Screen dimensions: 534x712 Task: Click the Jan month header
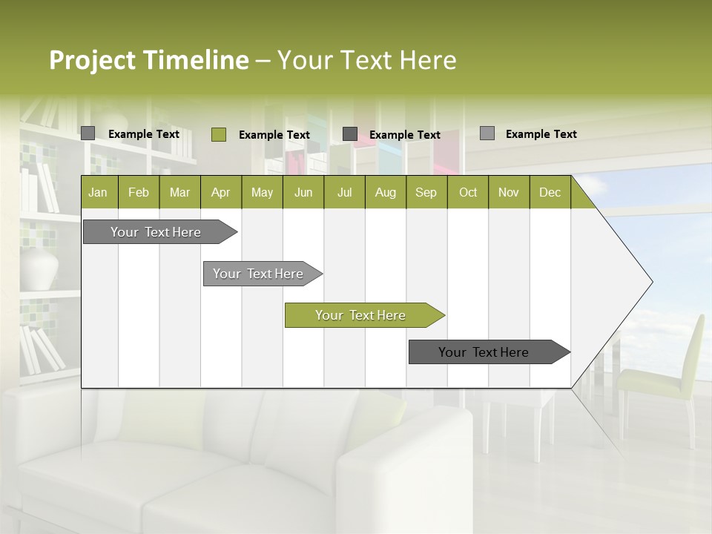[98, 192]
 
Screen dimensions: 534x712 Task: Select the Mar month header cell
[179, 192]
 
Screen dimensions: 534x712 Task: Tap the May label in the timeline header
[262, 192]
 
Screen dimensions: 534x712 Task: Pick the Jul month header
[344, 192]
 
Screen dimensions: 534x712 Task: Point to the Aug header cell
[385, 192]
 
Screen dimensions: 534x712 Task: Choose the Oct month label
[468, 192]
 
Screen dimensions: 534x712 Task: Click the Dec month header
[550, 192]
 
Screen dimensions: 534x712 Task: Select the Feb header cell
[139, 192]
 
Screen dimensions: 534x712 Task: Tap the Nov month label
[509, 192]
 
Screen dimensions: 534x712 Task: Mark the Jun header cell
[303, 192]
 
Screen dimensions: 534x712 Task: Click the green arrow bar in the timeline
[360, 315]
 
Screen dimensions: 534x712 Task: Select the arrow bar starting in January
[156, 232]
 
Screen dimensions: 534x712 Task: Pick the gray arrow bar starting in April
[258, 274]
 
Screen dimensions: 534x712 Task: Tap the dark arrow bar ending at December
[484, 352]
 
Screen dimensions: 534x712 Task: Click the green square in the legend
[218, 134]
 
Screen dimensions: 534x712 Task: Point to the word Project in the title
[92, 60]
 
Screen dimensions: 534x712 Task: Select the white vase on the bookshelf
[39, 267]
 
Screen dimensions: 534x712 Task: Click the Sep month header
[426, 192]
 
